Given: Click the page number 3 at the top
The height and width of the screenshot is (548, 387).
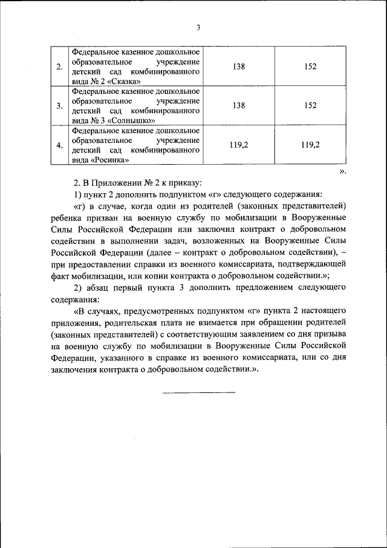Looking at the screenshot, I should pyautogui.click(x=197, y=27).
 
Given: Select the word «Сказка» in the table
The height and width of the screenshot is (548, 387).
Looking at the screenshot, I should pyautogui.click(x=125, y=81).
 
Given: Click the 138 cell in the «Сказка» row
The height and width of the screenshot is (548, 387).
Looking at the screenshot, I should pyautogui.click(x=238, y=66).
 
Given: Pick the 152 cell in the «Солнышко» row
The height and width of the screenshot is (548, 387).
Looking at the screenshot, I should pyautogui.click(x=310, y=105).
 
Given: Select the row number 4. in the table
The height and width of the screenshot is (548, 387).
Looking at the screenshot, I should pyautogui.click(x=59, y=145).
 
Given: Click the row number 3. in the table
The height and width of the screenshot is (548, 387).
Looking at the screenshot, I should pyautogui.click(x=59, y=106).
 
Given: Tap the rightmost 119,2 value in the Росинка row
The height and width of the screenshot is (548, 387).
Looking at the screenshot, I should pyautogui.click(x=310, y=145).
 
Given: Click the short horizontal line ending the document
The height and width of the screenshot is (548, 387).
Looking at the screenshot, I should pyautogui.click(x=198, y=392).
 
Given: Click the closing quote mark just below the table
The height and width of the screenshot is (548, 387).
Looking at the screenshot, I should pyautogui.click(x=342, y=172).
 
